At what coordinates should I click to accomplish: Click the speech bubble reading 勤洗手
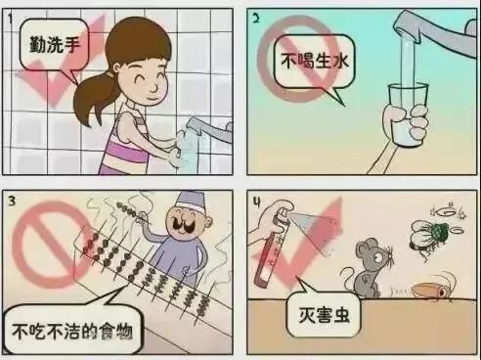click(x=54, y=45)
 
